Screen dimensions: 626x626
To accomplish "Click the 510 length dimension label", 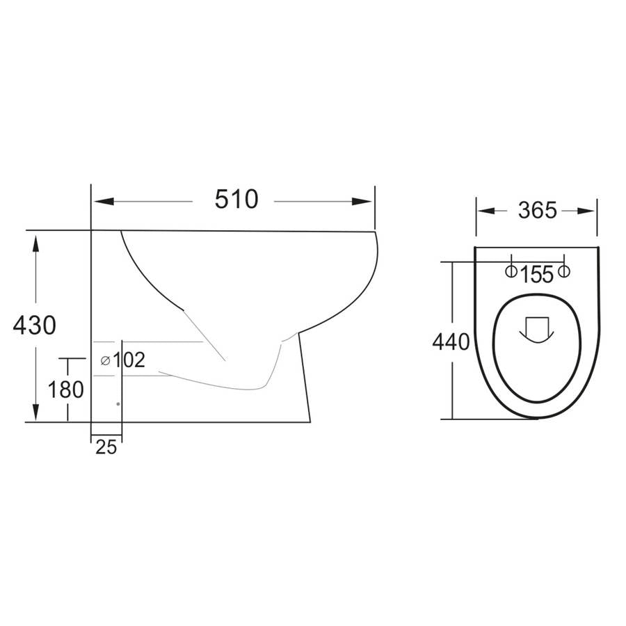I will coord(236,200).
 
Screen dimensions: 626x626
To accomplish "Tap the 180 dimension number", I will coord(66,390).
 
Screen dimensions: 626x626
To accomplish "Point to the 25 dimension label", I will coord(106,448).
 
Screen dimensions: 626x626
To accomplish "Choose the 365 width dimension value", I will coord(537,210).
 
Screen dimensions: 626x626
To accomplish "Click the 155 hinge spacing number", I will coord(536,275).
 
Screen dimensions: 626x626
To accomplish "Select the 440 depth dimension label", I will coord(451,342).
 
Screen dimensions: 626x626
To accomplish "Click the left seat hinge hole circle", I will coord(511,271).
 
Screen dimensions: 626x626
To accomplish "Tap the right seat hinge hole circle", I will coord(564,271).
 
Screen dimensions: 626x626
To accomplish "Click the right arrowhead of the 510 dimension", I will coord(362,202).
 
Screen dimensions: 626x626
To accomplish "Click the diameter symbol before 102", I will coord(105,360).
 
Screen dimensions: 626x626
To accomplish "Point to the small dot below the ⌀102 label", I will coord(118,403).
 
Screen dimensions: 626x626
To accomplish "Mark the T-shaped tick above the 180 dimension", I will coord(67,360).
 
